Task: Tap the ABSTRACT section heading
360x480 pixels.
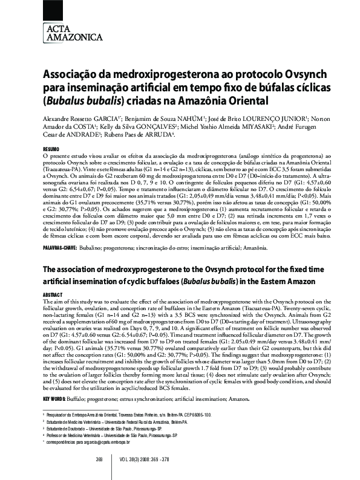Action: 52,294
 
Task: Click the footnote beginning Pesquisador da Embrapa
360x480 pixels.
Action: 129,415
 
